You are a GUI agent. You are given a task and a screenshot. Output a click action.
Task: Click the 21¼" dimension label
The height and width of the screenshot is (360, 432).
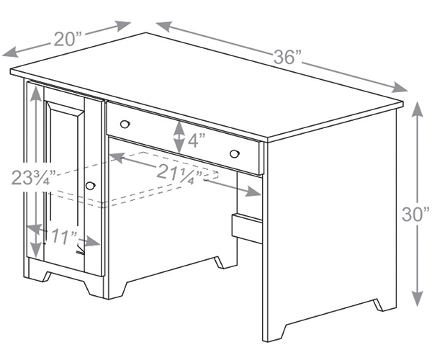[179, 172]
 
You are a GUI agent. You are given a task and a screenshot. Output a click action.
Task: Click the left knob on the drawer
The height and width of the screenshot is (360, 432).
[125, 124]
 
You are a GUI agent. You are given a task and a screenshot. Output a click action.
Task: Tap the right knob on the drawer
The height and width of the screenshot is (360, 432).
[234, 153]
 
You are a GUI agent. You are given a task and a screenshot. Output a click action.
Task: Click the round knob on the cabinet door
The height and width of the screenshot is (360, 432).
[90, 186]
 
